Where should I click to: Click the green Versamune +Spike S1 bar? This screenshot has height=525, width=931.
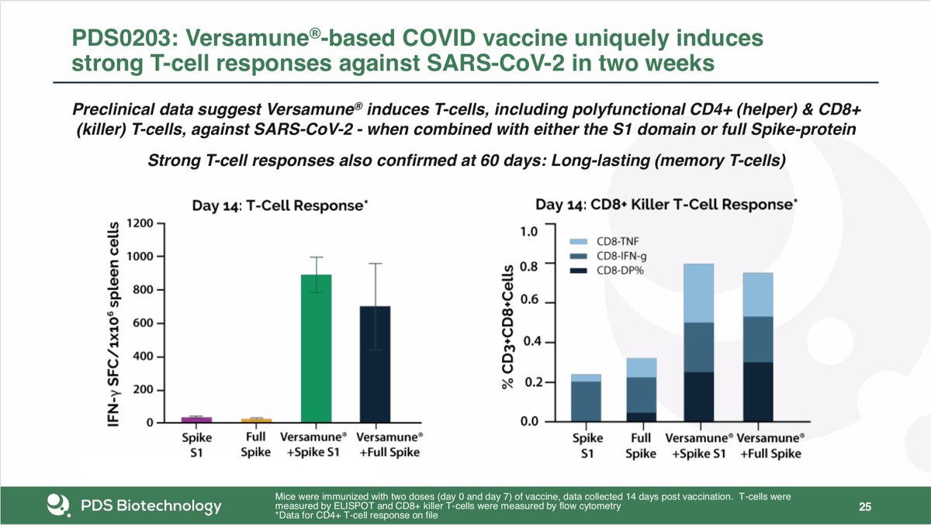[315, 349]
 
